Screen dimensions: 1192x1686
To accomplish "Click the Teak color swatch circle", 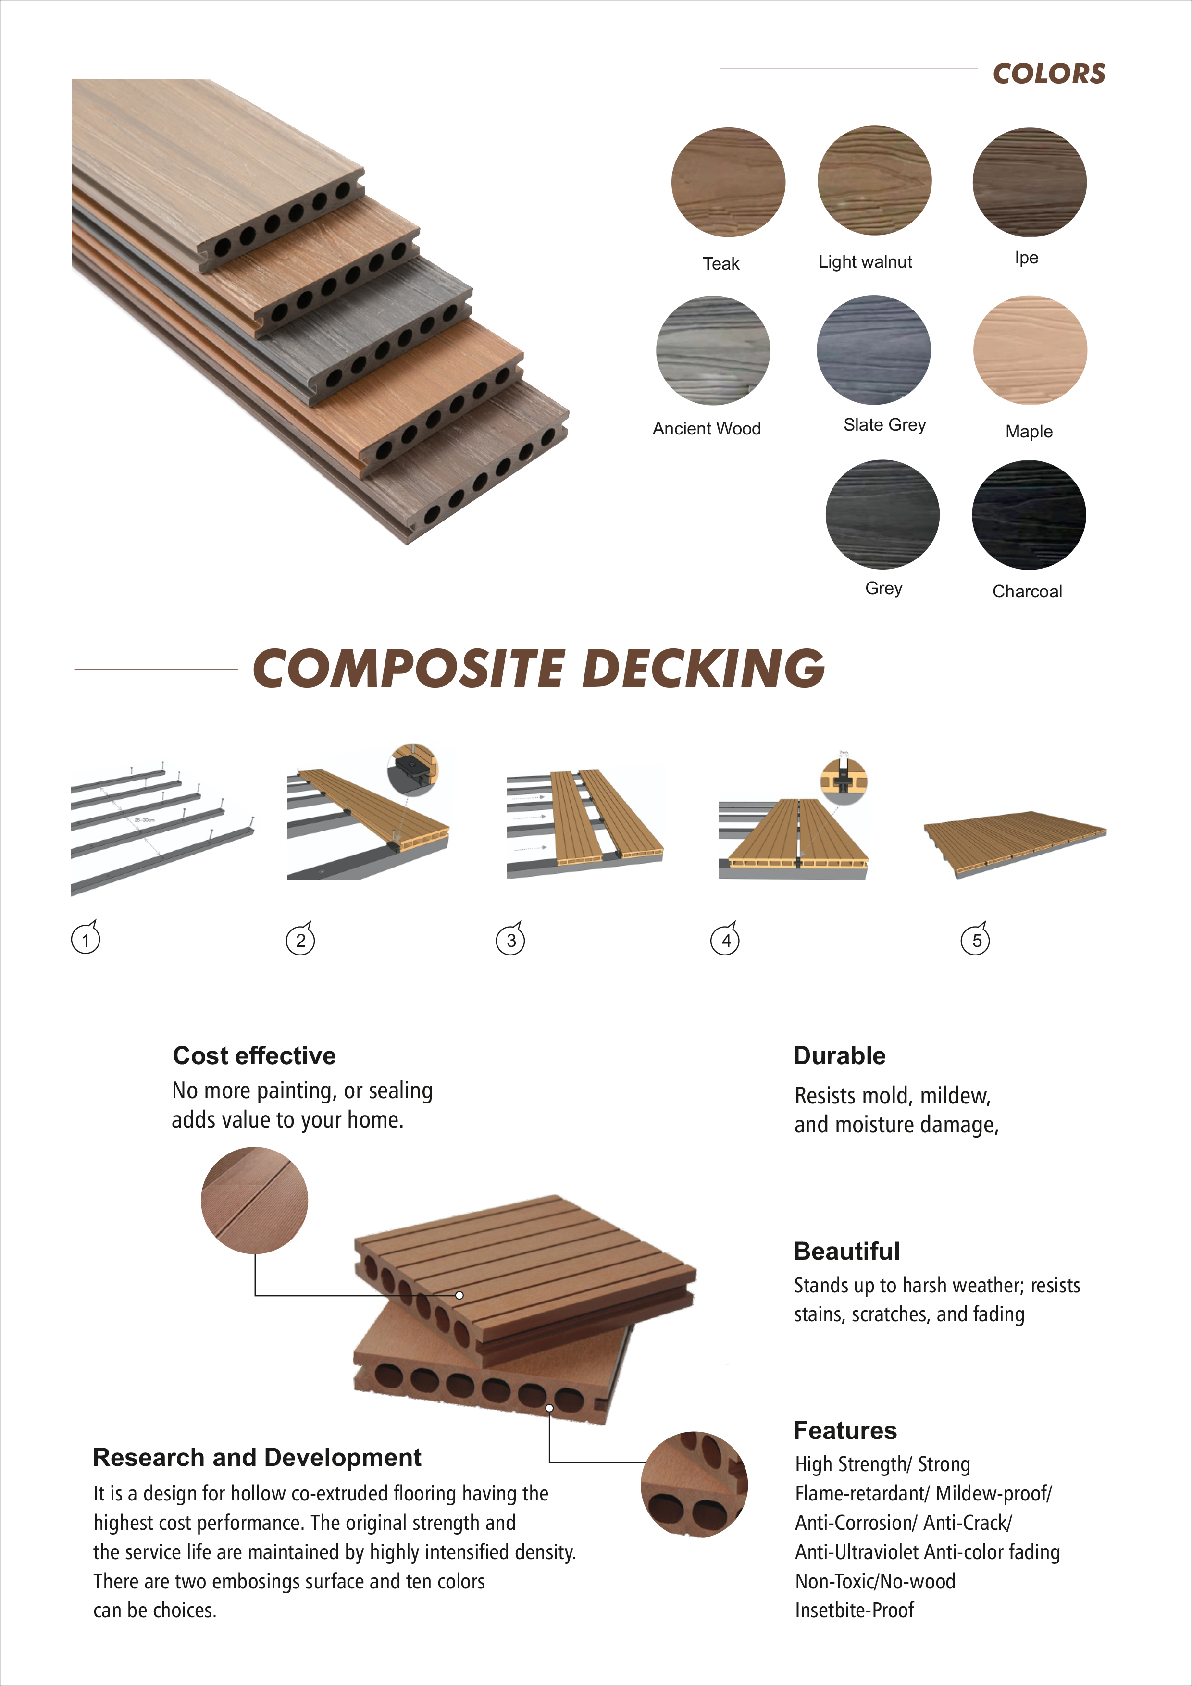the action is coord(728,182).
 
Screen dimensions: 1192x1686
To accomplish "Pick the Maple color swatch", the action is coord(1030,350).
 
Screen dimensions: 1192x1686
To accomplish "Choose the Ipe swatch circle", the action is coord(1029,182).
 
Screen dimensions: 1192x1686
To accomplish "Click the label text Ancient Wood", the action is coord(707,428).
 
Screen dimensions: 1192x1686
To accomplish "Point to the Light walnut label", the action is coord(865,261).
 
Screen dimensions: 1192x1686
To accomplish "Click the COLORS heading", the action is coord(1049,74).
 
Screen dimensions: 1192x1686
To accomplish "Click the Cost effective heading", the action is coord(254,1055).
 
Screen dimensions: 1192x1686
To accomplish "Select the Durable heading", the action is coord(840,1055).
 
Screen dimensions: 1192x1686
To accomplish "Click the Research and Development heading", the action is coord(257,1457).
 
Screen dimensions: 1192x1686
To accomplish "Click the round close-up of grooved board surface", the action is coord(254,1201).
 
